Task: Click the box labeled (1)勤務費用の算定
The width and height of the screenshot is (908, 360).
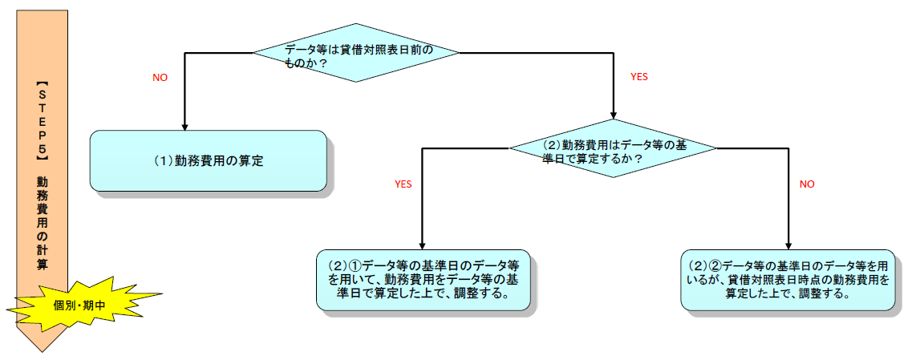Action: tap(209, 160)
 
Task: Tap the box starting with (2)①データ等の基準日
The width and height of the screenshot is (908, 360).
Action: tap(424, 280)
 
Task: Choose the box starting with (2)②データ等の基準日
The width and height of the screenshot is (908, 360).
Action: tap(788, 280)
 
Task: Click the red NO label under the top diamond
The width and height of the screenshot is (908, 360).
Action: tap(160, 78)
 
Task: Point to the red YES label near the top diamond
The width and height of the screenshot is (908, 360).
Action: tap(639, 77)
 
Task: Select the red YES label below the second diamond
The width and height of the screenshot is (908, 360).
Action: tap(403, 184)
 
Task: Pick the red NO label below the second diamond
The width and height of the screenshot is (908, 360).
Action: tap(807, 184)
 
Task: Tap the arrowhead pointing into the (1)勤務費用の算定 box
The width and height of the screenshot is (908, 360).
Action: tap(185, 125)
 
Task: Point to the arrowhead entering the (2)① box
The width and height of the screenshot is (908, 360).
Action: tap(423, 245)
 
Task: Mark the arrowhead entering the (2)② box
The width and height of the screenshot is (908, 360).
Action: tap(788, 245)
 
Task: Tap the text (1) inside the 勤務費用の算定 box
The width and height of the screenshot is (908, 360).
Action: tap(164, 161)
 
